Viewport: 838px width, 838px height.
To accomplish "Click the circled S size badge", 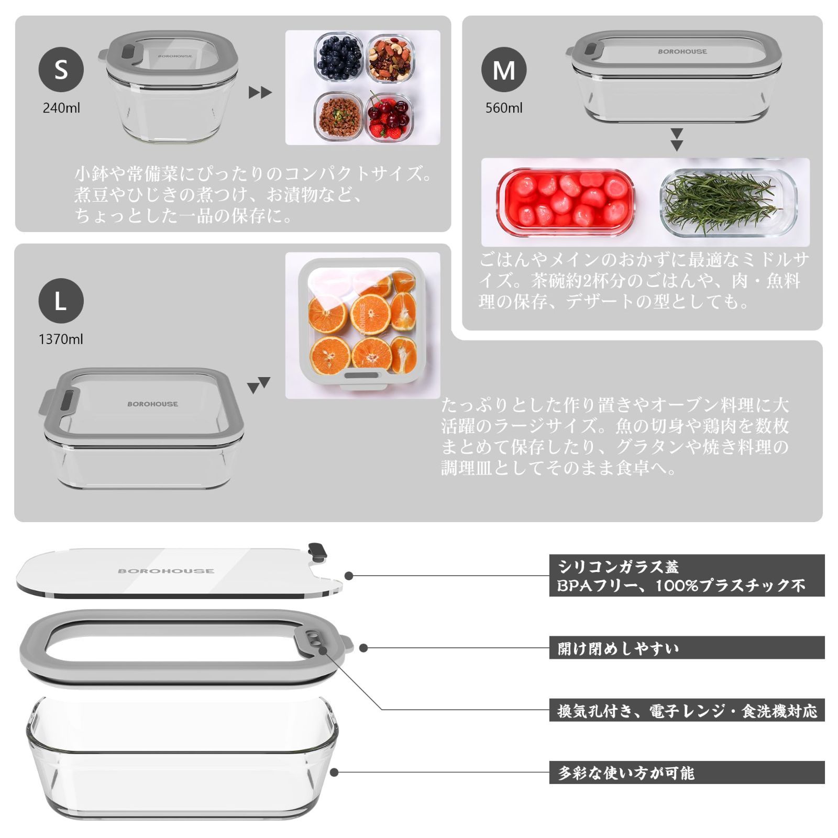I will (61, 69).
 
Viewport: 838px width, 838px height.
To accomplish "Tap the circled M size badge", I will (504, 70).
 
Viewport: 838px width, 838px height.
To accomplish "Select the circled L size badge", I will (61, 301).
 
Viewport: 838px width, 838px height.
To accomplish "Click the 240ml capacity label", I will (61, 108).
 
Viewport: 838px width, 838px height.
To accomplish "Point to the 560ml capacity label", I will (504, 108).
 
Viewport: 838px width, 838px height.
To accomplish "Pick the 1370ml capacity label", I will (61, 339).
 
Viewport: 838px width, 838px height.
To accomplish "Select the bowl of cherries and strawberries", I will (389, 116).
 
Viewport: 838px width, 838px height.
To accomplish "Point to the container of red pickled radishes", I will (566, 202).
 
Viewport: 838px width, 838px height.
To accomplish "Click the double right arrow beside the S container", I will (260, 93).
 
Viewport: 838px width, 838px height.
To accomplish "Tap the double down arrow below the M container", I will (677, 139).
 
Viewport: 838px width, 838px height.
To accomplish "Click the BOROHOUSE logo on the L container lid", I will (152, 404).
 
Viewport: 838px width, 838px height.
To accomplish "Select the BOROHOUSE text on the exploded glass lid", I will (166, 571).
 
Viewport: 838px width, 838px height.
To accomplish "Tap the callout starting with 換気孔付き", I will (686, 711).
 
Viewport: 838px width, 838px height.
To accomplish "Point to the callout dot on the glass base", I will (334, 773).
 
